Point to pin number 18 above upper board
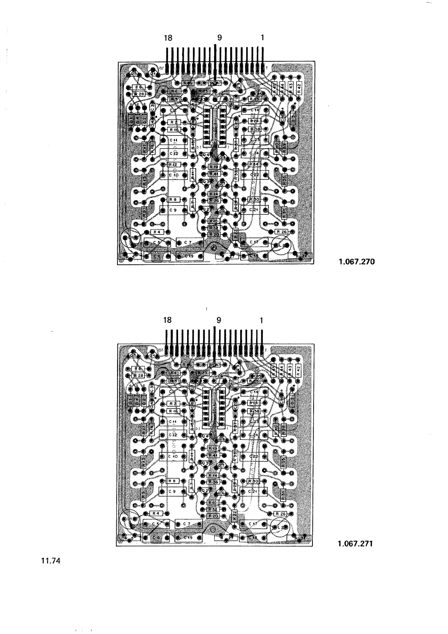click(168, 38)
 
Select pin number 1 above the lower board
click(262, 321)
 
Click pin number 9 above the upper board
click(220, 38)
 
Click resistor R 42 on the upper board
click(299, 88)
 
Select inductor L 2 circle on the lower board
click(281, 528)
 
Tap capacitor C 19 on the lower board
click(188, 538)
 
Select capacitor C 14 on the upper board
click(255, 109)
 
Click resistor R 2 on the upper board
click(174, 122)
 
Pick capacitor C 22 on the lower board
click(255, 456)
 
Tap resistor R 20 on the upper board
click(214, 234)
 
